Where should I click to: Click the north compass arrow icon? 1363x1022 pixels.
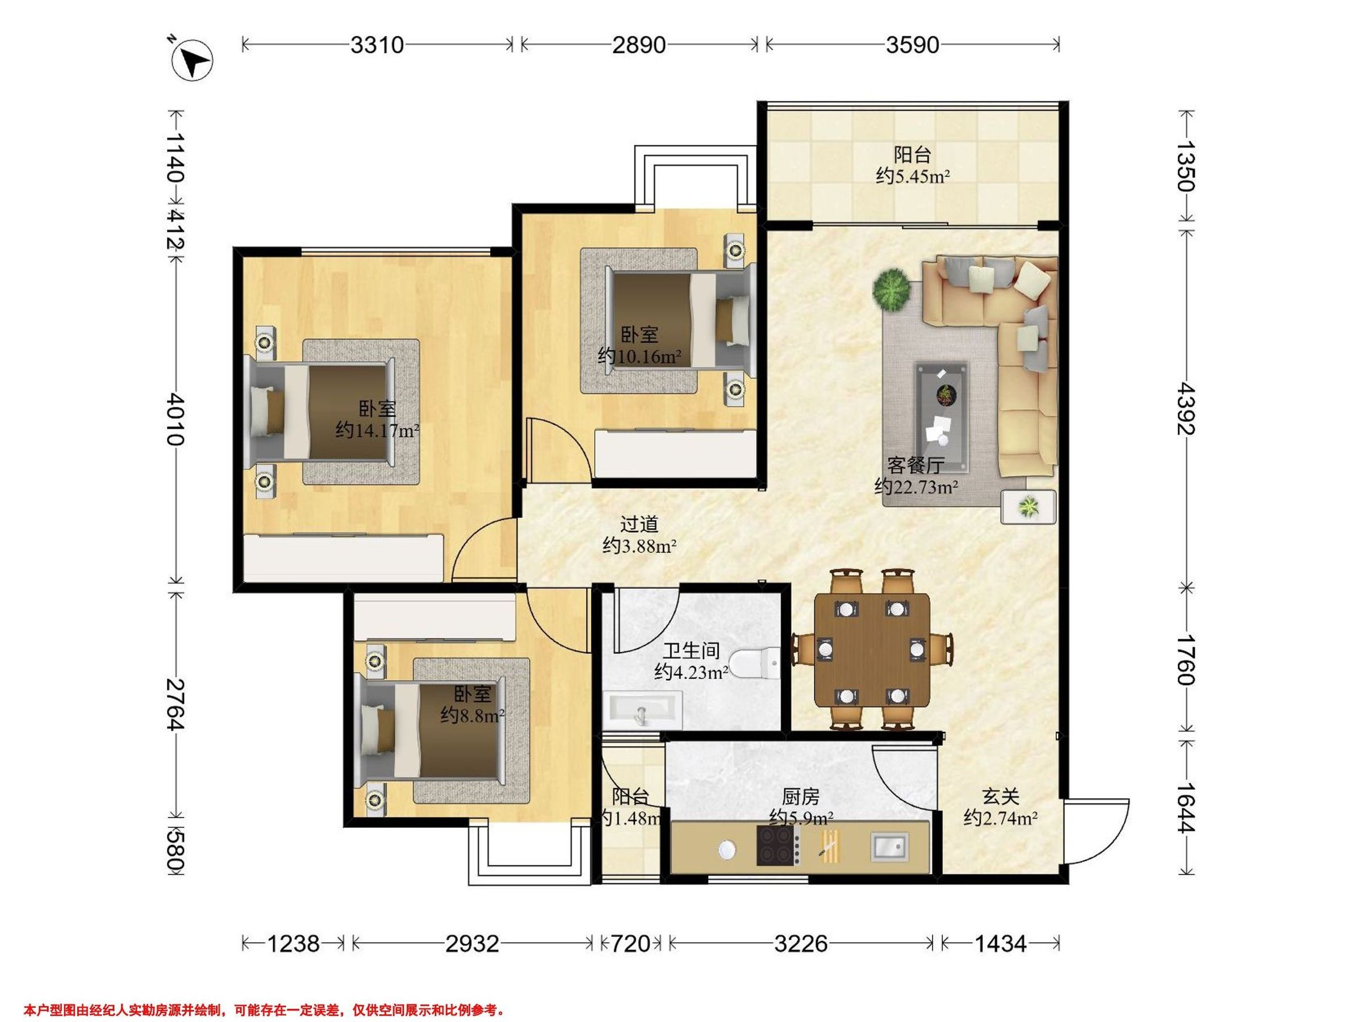click(193, 60)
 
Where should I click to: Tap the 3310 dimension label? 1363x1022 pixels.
click(377, 45)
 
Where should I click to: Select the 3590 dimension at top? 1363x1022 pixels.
click(912, 45)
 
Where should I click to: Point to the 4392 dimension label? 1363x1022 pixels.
click(1185, 408)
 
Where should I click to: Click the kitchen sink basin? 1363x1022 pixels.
click(889, 847)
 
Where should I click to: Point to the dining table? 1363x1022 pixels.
click(872, 650)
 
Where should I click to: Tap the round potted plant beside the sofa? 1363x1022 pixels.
click(892, 289)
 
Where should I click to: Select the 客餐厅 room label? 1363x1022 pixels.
click(915, 464)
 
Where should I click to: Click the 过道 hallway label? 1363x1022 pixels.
click(639, 524)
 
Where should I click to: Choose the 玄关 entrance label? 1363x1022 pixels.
click(1000, 797)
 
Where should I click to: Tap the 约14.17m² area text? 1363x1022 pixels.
click(377, 430)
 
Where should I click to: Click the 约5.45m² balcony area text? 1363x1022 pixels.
click(913, 176)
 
